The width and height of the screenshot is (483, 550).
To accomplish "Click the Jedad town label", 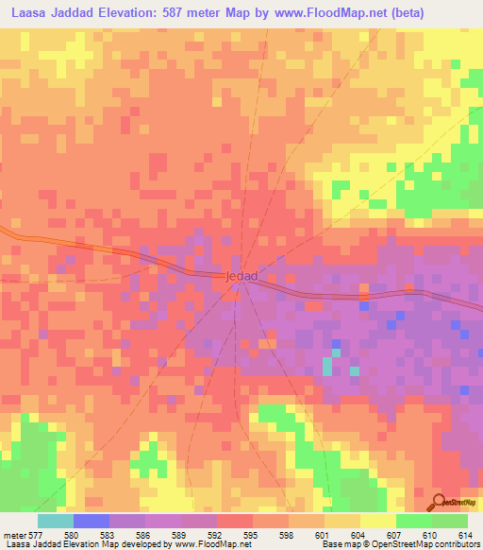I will click(x=241, y=276).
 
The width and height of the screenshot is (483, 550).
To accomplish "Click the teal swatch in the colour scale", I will click(x=55, y=520).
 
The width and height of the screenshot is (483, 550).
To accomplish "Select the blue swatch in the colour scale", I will click(x=91, y=520).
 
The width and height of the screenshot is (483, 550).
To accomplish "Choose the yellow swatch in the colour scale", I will click(x=377, y=520).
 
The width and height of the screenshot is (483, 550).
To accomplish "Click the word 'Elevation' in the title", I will click(x=136, y=13).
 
